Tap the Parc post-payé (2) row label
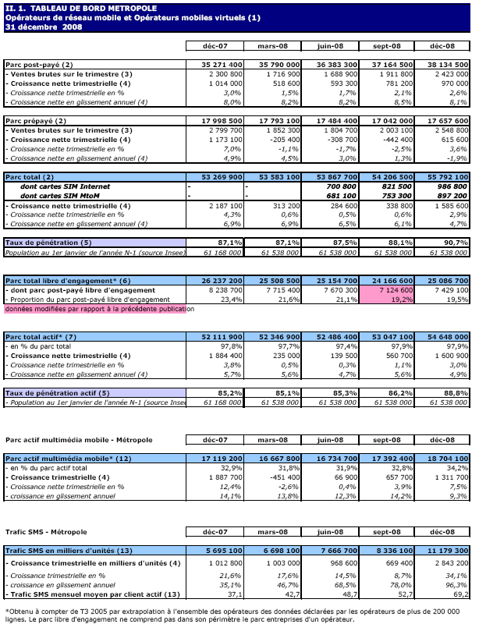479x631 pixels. (x=39, y=64)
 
